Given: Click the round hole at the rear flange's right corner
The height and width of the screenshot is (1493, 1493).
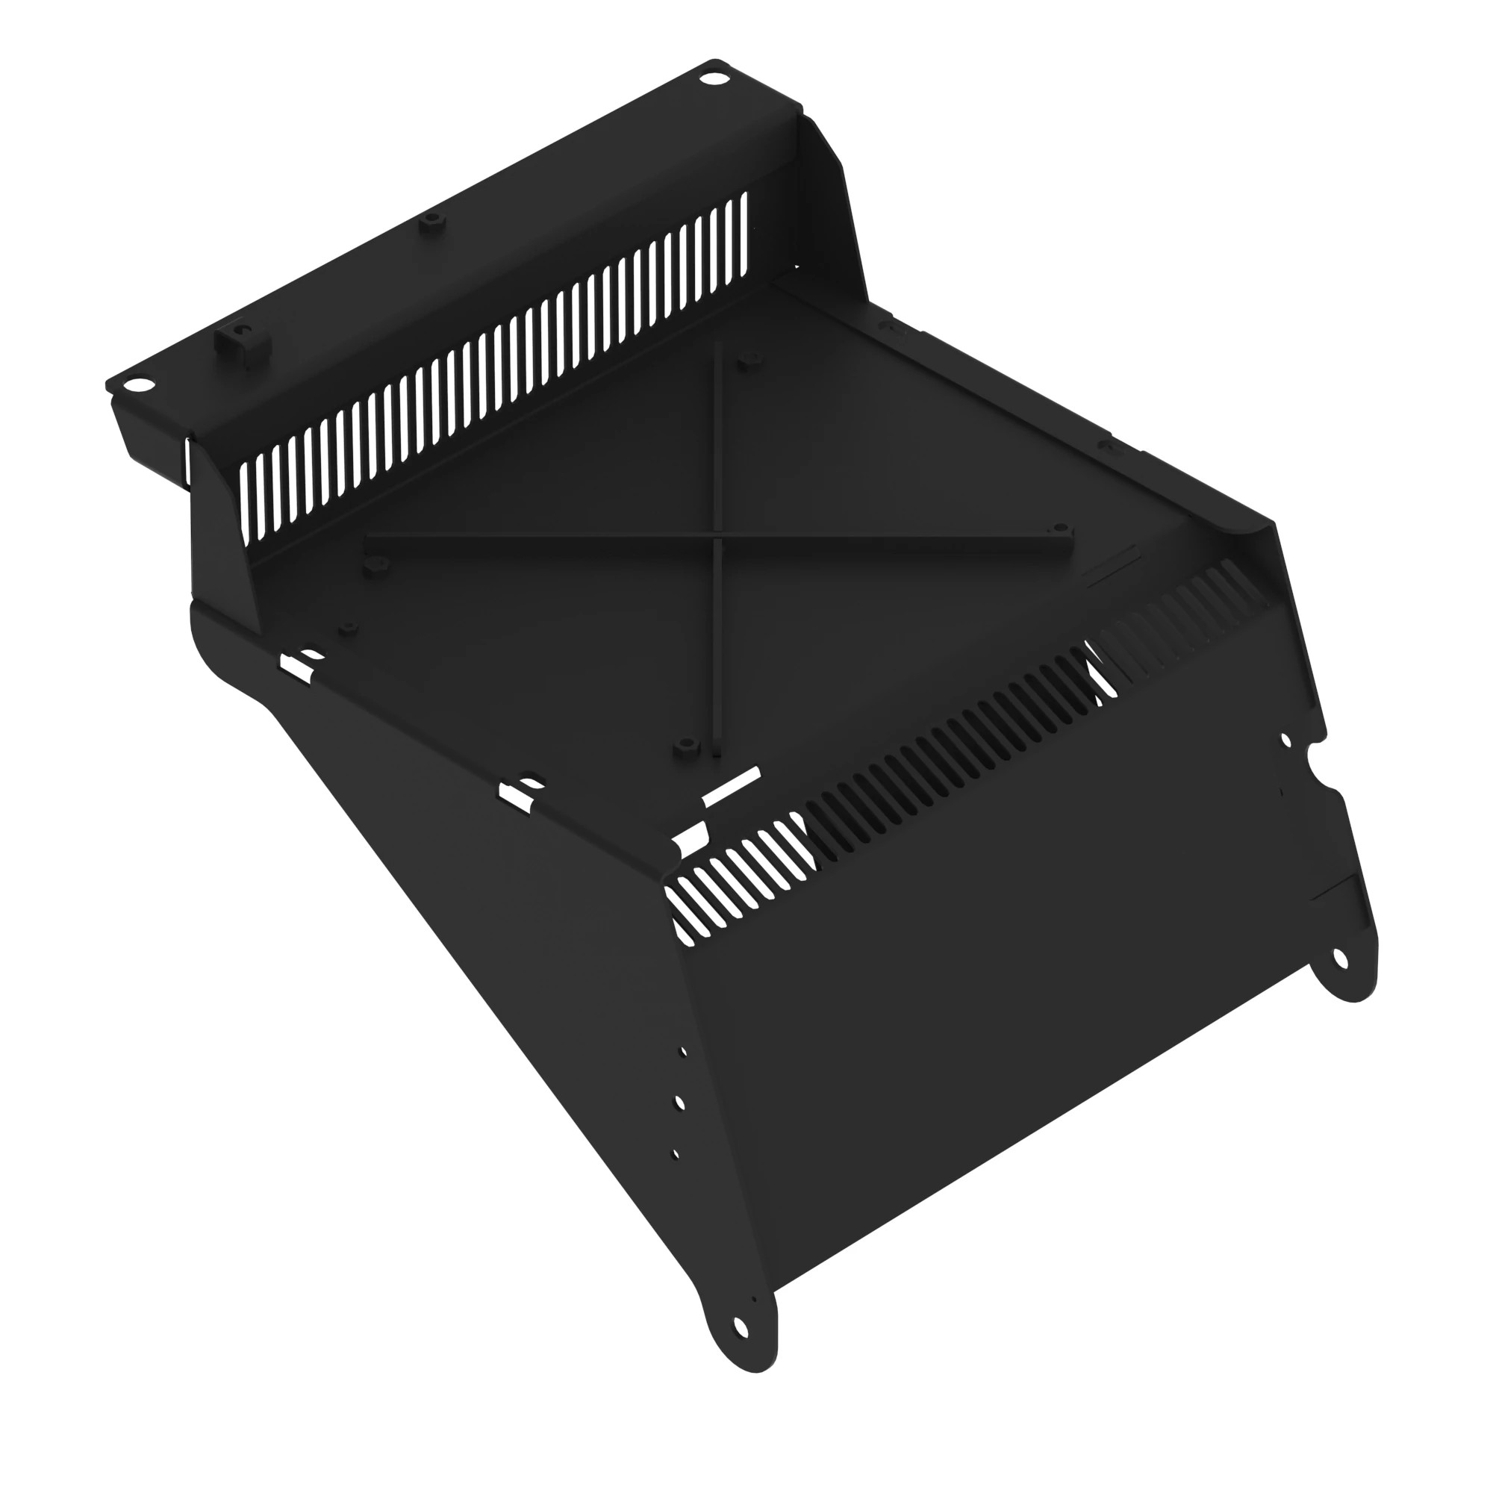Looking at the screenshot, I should tap(708, 79).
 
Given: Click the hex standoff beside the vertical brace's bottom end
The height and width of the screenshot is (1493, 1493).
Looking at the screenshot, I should tap(682, 746).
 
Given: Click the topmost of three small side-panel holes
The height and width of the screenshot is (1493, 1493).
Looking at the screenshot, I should tap(682, 1053).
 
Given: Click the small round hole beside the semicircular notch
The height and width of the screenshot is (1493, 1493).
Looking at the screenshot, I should tap(1287, 741).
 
